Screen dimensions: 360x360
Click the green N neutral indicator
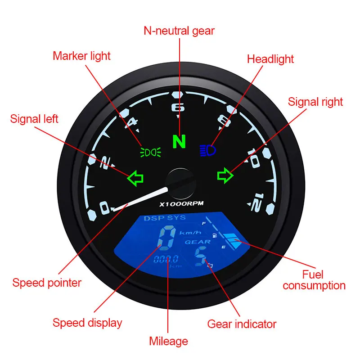pos(179,142)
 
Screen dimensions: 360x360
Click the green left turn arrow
pos(135,178)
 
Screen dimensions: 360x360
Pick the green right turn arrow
pos(224,175)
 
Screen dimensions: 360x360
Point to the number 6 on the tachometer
pos(179,108)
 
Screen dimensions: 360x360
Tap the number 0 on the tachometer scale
pos(104,208)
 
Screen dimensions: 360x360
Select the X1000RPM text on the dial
pos(181,203)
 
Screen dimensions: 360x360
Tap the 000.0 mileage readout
pos(166,259)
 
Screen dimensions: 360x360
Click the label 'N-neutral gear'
pos(179,31)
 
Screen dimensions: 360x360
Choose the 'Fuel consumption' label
pos(314,280)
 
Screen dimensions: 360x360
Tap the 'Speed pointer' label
pos(47,283)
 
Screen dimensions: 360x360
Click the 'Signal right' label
pos(315,102)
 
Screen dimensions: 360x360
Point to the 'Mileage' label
pos(169,342)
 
